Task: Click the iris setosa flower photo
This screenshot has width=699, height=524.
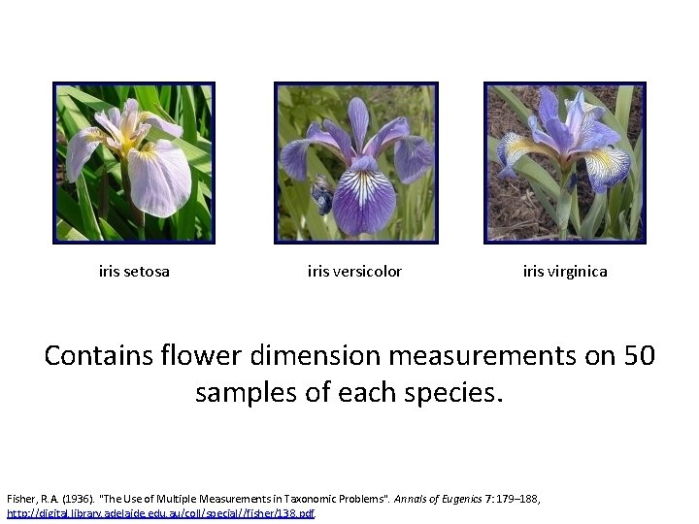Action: click(x=134, y=162)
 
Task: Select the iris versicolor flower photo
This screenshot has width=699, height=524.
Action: click(x=356, y=162)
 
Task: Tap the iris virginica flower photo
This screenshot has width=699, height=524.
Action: click(x=565, y=162)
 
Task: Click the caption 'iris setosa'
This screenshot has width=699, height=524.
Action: click(x=134, y=272)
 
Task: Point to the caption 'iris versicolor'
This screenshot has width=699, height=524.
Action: click(x=354, y=272)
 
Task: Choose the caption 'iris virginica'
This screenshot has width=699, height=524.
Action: click(x=565, y=272)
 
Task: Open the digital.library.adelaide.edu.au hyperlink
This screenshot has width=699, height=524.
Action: click(x=161, y=512)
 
